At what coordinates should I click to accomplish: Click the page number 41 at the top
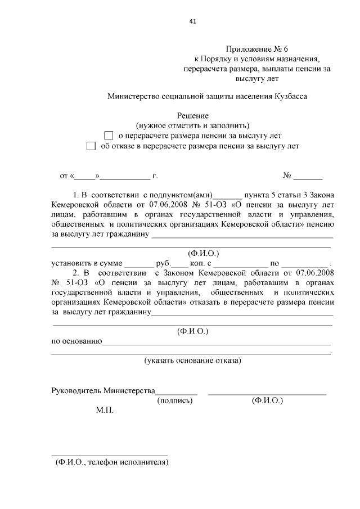click(x=193, y=21)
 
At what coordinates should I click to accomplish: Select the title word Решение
click(x=192, y=115)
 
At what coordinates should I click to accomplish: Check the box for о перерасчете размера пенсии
click(x=109, y=136)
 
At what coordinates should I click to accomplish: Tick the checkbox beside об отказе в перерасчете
click(x=91, y=146)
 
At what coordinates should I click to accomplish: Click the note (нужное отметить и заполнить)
click(x=193, y=125)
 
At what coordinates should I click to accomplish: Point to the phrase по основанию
click(x=76, y=341)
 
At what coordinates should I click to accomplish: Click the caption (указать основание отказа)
click(x=193, y=359)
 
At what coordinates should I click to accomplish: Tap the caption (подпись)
click(x=175, y=400)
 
